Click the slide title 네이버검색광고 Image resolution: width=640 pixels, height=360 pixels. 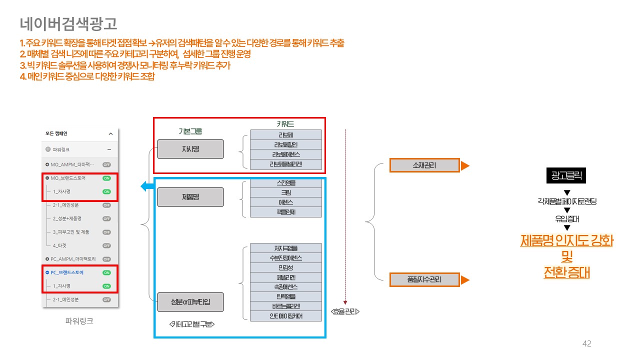click(x=69, y=23)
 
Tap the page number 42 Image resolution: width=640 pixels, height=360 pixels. click(x=587, y=343)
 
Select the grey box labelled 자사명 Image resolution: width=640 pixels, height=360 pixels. click(x=190, y=149)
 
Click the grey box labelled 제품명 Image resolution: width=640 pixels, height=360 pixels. click(x=190, y=197)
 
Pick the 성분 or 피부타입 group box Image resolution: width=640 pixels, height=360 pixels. click(x=190, y=302)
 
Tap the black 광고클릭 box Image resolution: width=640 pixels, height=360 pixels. click(x=565, y=175)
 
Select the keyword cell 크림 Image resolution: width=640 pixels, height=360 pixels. click(x=285, y=192)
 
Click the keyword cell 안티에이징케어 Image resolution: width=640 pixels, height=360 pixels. click(x=285, y=316)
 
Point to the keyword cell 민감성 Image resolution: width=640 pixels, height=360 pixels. click(x=285, y=267)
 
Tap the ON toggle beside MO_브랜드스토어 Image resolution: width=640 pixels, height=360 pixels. click(x=106, y=178)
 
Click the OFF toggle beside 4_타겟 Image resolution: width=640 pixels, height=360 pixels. click(x=106, y=245)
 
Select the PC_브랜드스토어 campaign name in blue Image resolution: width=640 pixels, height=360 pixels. click(x=67, y=272)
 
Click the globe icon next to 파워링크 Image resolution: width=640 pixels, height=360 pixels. click(x=48, y=149)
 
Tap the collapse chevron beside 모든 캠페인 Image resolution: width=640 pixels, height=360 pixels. click(x=110, y=134)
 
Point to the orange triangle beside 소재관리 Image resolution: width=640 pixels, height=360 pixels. click(x=464, y=165)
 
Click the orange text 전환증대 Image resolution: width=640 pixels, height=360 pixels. click(x=566, y=273)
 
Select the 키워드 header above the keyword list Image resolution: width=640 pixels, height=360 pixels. click(x=285, y=124)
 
